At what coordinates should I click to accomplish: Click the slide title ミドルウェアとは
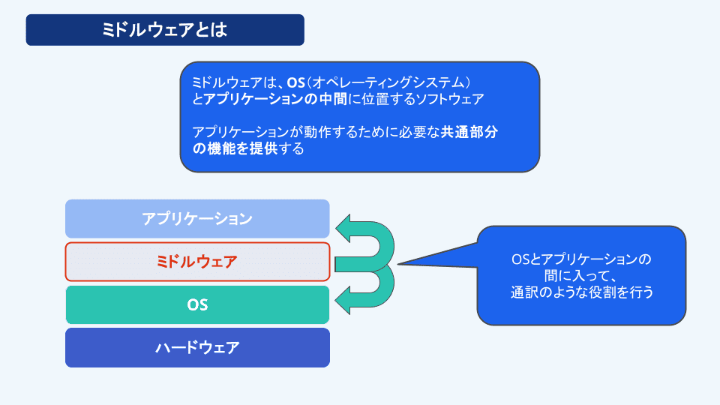tap(164, 30)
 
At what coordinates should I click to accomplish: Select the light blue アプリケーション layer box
tap(197, 219)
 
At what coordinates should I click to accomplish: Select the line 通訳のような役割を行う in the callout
tap(582, 292)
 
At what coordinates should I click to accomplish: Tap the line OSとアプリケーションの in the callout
tap(582, 259)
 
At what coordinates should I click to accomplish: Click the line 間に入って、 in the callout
tap(582, 276)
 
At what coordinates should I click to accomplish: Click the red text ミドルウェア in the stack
tap(197, 262)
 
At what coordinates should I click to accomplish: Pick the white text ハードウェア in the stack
tap(197, 347)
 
